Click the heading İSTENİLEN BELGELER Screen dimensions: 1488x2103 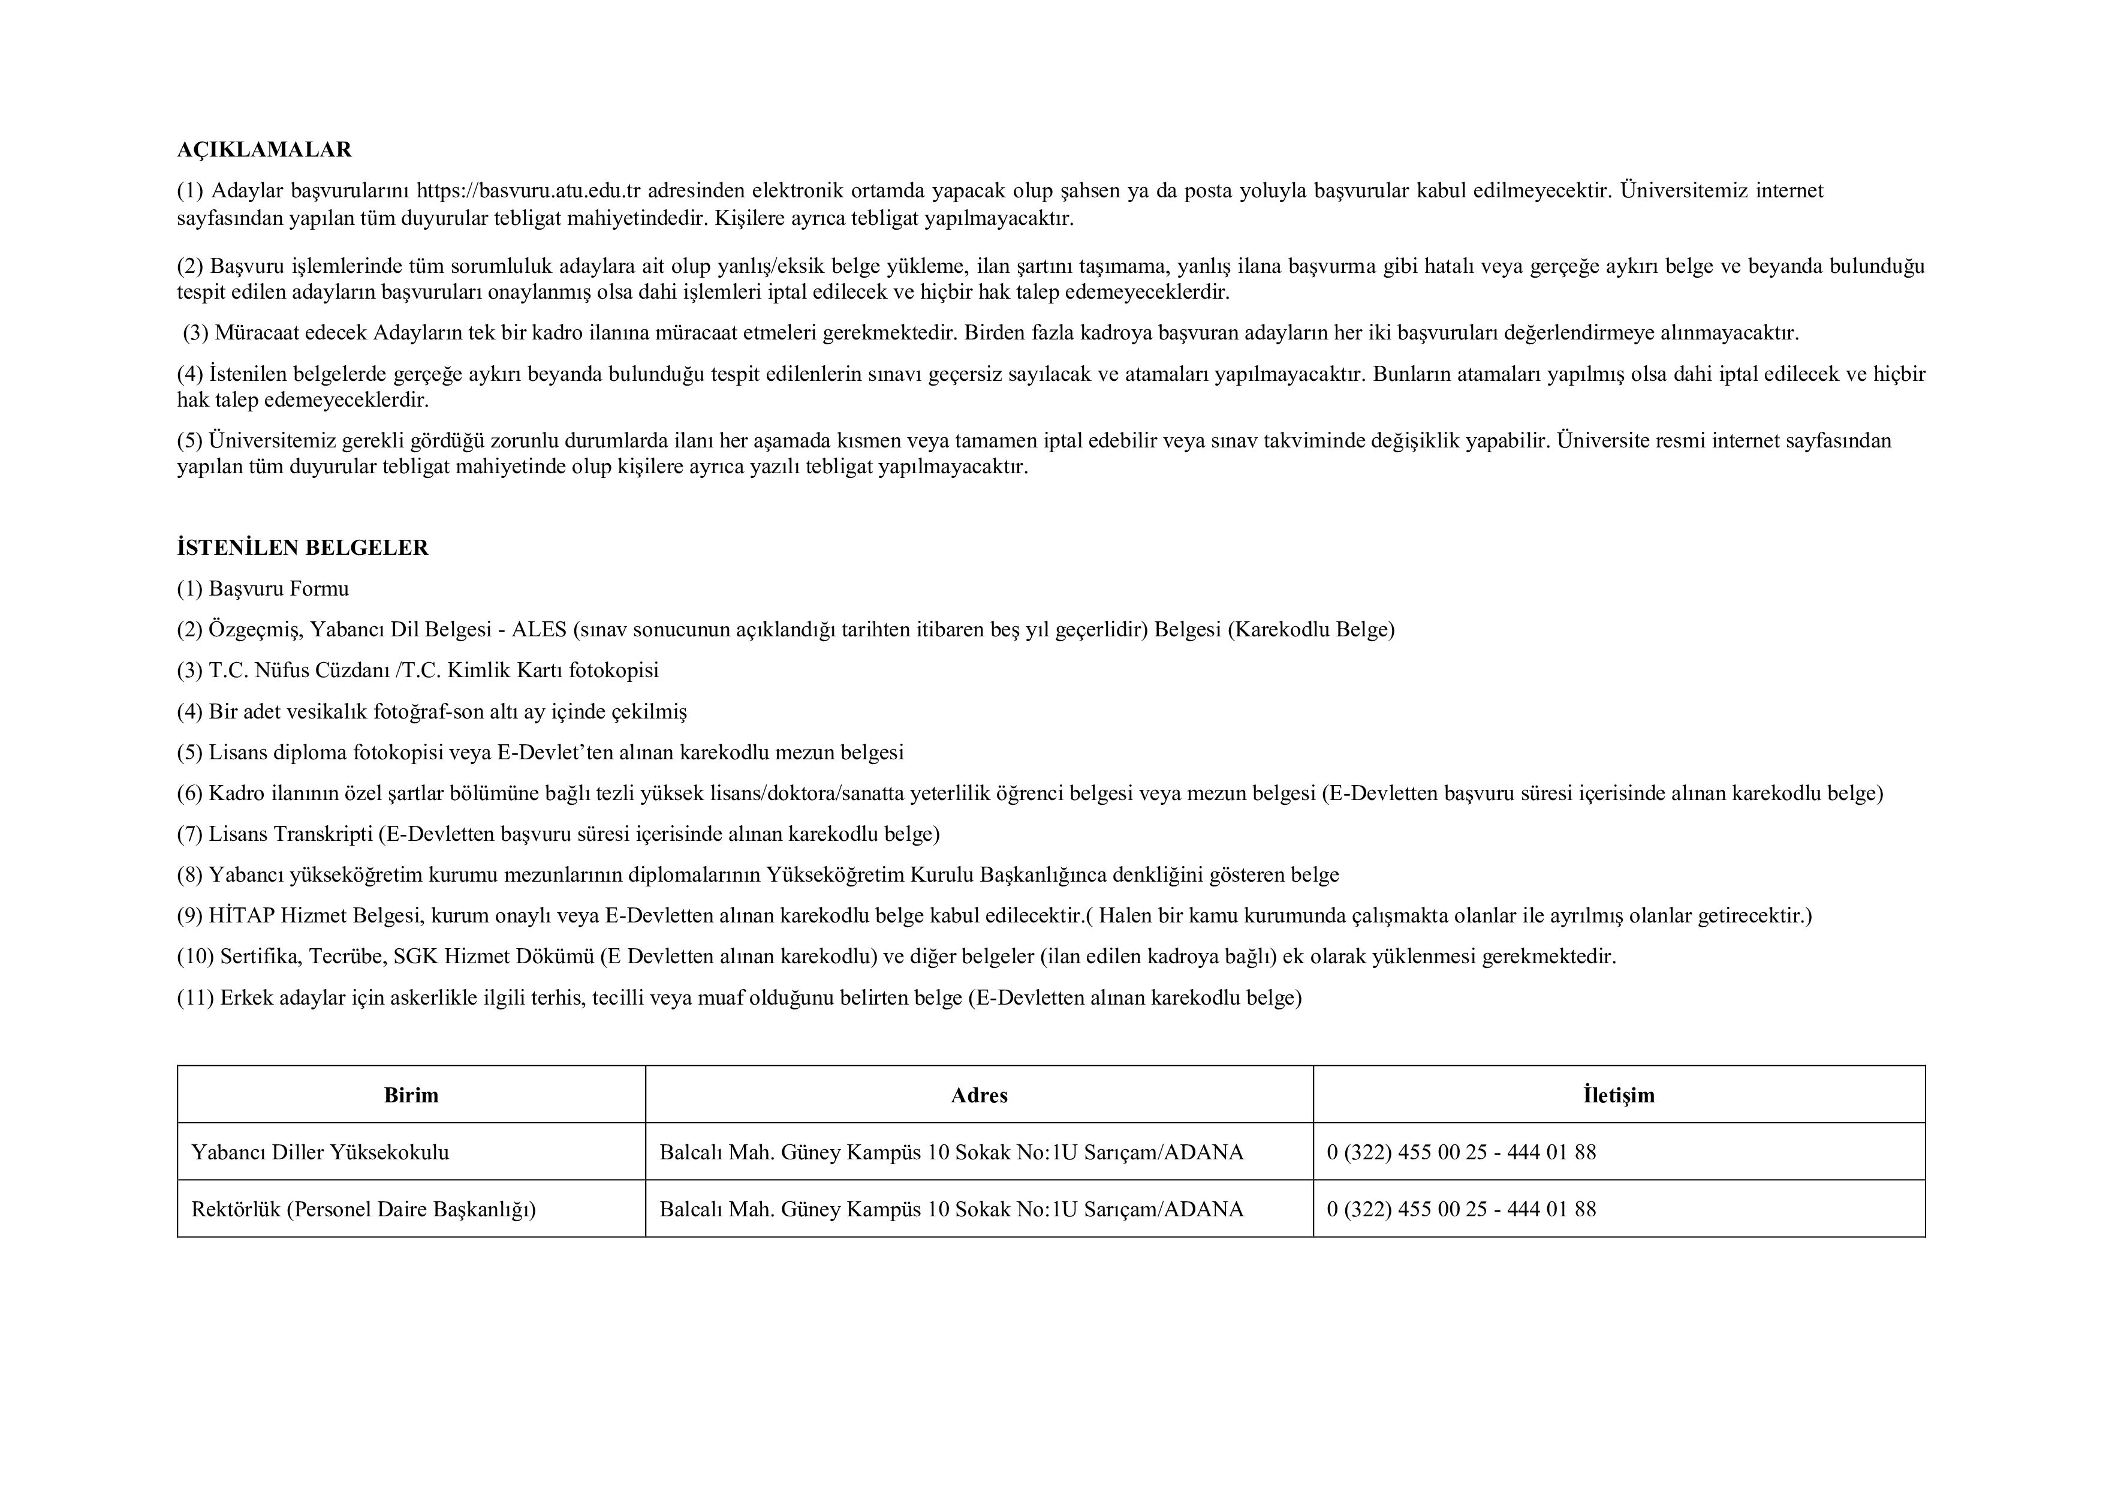[x=302, y=548]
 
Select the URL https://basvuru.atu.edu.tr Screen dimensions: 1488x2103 [x=529, y=191]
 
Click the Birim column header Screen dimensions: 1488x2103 [x=411, y=1095]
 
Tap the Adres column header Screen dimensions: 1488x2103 [x=979, y=1095]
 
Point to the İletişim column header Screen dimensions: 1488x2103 [x=1619, y=1095]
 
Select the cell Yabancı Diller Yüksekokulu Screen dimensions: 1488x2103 [x=321, y=1153]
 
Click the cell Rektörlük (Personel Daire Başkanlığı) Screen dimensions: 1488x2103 [x=364, y=1210]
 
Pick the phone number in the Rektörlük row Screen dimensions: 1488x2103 [x=1461, y=1210]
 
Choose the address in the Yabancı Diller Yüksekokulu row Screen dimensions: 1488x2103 [x=951, y=1153]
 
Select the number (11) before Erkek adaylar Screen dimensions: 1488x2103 [x=196, y=998]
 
